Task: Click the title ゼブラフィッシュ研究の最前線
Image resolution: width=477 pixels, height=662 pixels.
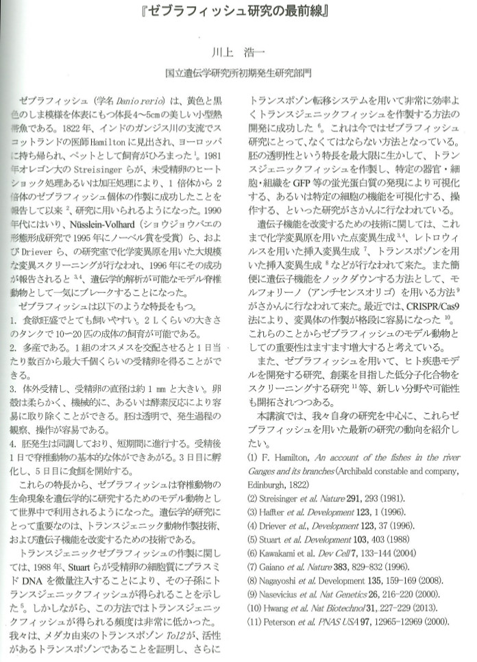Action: pos(238,13)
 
